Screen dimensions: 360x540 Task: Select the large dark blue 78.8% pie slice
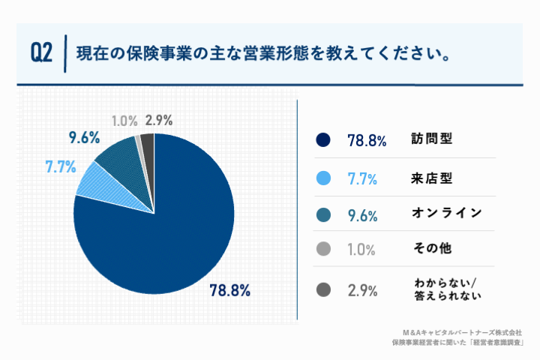pos(165,232)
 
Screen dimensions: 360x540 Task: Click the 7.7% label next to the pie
pos(61,167)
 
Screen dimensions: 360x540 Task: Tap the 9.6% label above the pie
pos(84,138)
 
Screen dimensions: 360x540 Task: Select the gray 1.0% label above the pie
pos(124,120)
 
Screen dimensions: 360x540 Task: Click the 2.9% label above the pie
pos(160,120)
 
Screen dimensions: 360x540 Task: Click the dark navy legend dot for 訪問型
pos(323,139)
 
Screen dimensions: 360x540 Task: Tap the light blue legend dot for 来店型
pos(323,178)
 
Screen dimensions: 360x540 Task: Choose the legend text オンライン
pos(446,213)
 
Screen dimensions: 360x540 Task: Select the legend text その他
pos(432,248)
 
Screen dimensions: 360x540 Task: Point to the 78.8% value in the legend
pos(366,140)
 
